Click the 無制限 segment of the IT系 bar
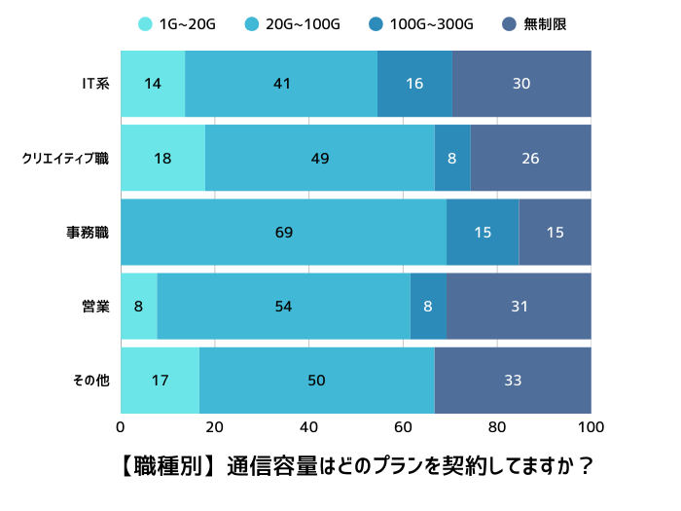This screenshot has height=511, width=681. click(x=521, y=84)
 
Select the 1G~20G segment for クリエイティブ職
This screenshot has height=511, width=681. click(x=162, y=158)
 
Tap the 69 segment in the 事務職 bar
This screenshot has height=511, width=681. click(x=283, y=232)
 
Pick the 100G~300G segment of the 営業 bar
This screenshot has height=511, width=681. click(x=428, y=306)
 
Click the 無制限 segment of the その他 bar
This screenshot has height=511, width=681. click(x=513, y=380)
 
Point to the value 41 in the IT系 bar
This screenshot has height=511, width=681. click(x=282, y=84)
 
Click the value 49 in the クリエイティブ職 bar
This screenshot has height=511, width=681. click(x=320, y=158)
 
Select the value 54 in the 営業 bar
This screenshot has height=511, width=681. click(x=283, y=306)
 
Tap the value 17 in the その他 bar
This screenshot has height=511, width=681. click(x=161, y=380)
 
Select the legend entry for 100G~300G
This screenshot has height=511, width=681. click(x=422, y=23)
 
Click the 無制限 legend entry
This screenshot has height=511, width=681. click(x=534, y=23)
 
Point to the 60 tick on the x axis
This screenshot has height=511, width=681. click(x=403, y=426)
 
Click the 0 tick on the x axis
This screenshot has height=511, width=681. click(x=121, y=426)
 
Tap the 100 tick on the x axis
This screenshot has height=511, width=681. click(x=591, y=426)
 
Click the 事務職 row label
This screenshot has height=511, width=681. click(x=88, y=232)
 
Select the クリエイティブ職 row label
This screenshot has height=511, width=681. click(x=65, y=158)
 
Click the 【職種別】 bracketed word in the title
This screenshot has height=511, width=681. click(x=161, y=466)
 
